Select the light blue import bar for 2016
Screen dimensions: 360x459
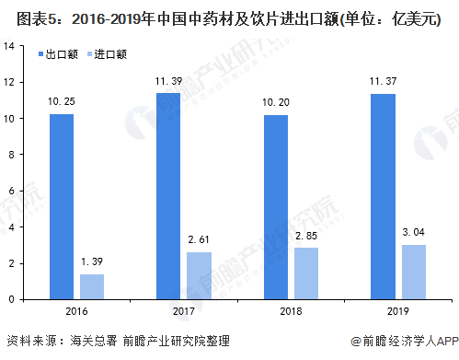tap(93, 286)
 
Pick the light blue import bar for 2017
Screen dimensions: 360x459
tap(200, 275)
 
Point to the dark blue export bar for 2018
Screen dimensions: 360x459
tap(275, 207)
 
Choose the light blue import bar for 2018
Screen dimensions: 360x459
tap(306, 273)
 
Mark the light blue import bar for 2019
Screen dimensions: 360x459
tap(413, 272)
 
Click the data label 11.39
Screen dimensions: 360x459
tap(168, 85)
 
